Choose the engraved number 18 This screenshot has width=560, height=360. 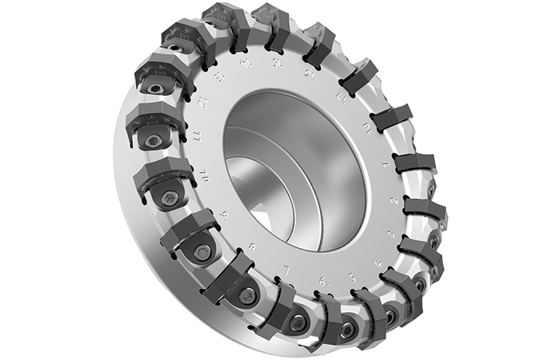click(367, 128)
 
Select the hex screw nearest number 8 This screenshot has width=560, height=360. click(247, 295)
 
